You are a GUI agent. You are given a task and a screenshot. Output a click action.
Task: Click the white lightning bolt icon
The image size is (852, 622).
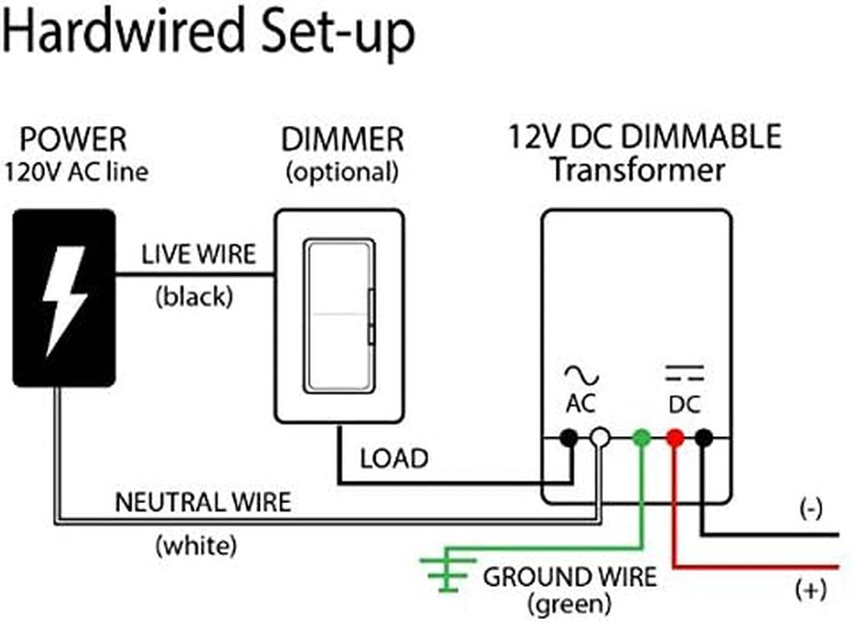pyautogui.click(x=64, y=299)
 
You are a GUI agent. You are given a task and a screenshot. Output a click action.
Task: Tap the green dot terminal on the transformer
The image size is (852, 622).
pyautogui.click(x=641, y=438)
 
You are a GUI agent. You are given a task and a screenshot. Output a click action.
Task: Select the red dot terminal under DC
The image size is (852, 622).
pyautogui.click(x=675, y=438)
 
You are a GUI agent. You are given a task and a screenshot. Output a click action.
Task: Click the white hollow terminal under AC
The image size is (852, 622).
pyautogui.click(x=598, y=438)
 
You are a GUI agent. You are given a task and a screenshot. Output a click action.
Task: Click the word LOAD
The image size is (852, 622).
pyautogui.click(x=394, y=459)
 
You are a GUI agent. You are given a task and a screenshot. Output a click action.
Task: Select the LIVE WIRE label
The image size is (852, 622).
pyautogui.click(x=198, y=254)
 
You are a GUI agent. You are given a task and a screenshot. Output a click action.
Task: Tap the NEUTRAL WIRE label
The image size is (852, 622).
pyautogui.click(x=203, y=502)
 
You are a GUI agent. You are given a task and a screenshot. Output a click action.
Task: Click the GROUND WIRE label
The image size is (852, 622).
pyautogui.click(x=570, y=577)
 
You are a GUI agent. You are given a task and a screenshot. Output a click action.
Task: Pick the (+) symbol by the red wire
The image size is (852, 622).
pyautogui.click(x=810, y=591)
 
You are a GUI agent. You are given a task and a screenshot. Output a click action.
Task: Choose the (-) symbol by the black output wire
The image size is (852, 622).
pyautogui.click(x=810, y=510)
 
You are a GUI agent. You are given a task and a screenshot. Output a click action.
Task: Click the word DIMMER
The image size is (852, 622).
pyautogui.click(x=342, y=141)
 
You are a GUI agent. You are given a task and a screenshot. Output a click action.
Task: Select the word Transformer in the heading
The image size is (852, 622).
pyautogui.click(x=637, y=169)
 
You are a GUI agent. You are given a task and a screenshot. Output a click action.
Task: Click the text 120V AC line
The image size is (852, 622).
pyautogui.click(x=75, y=172)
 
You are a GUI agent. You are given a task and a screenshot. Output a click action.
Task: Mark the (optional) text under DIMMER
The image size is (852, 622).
pyautogui.click(x=342, y=172)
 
